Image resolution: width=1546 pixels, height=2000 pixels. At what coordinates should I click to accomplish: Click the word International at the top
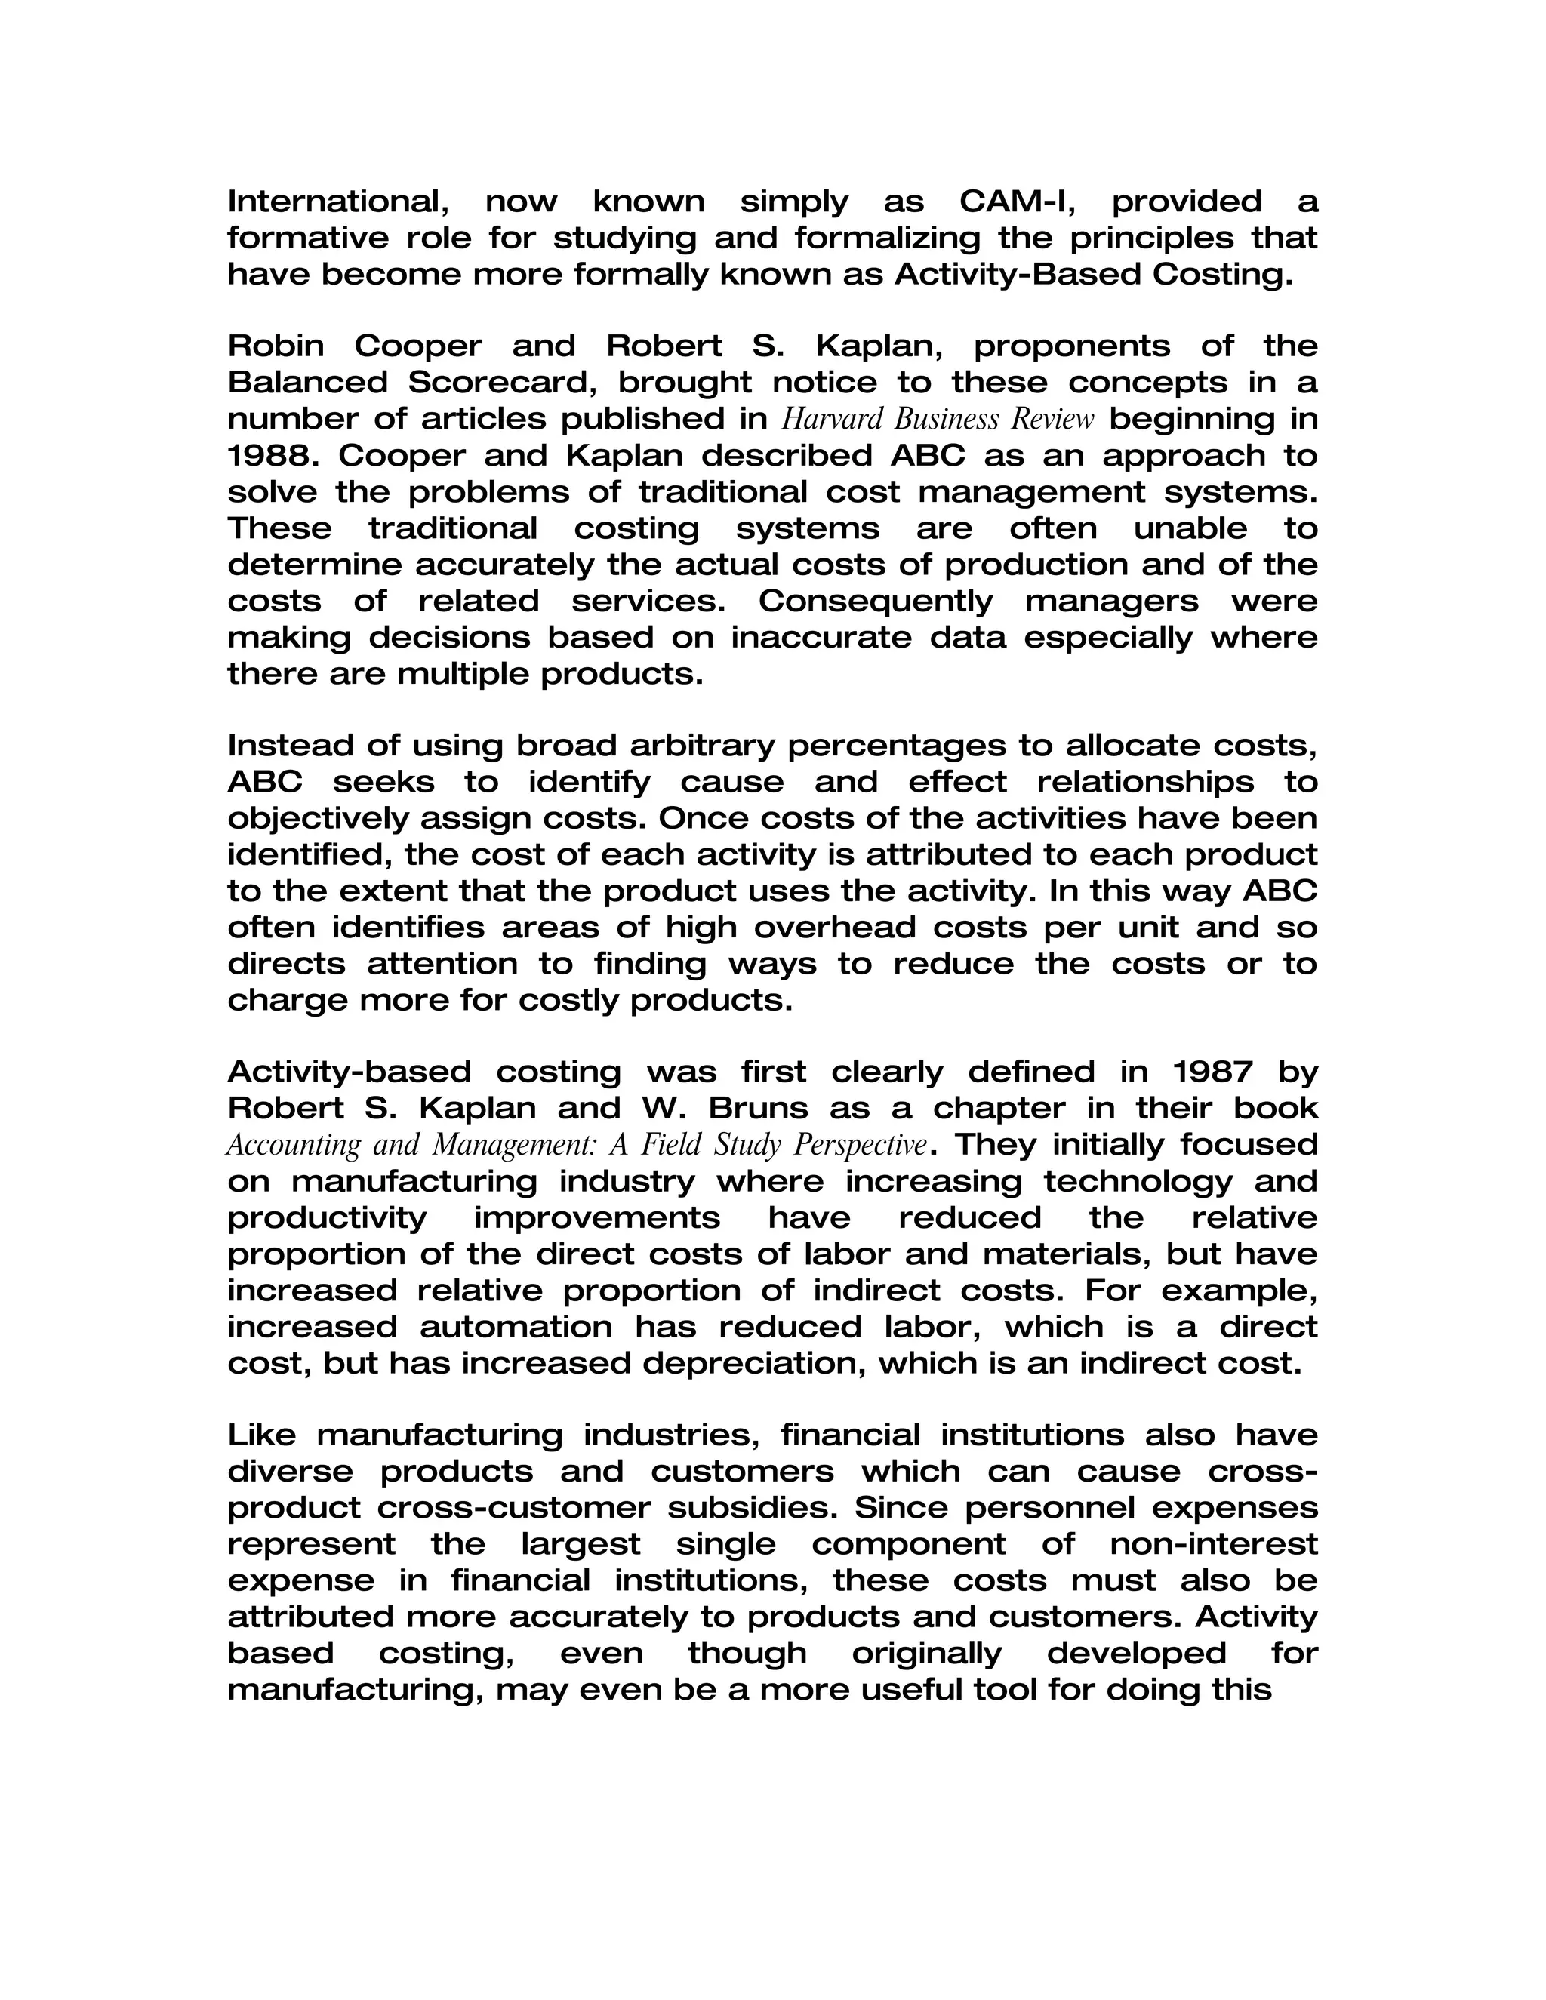click(336, 201)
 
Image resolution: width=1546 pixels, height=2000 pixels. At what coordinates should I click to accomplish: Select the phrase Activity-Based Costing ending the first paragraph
click(1092, 274)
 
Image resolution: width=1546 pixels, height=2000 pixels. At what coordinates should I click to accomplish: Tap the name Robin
click(276, 346)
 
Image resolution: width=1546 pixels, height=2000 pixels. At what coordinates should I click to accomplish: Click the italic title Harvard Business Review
click(938, 420)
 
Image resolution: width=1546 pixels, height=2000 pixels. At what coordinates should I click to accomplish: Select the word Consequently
click(875, 602)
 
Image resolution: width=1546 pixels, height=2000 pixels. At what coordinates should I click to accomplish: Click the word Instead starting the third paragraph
click(291, 746)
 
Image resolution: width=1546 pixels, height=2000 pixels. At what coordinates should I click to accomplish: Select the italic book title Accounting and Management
click(577, 1146)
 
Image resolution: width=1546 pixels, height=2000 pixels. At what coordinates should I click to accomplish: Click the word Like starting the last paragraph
click(261, 1435)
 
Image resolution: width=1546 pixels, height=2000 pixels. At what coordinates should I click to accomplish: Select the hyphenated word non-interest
click(1212, 1544)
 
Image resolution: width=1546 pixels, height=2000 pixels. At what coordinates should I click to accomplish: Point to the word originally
click(926, 1654)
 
